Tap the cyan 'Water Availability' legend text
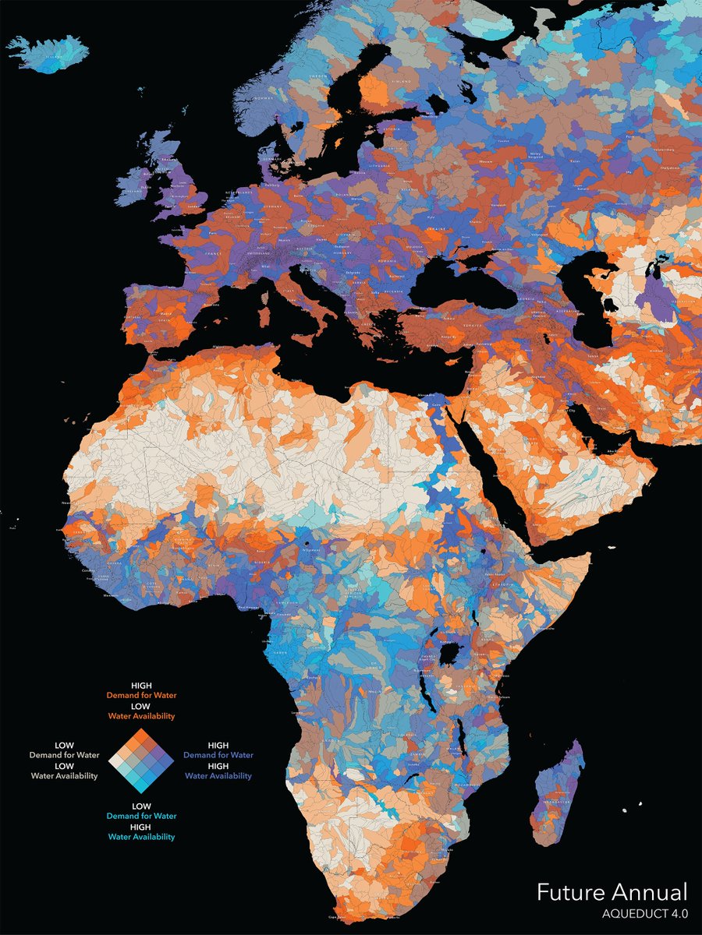click(x=142, y=837)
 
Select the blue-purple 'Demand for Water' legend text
click(x=219, y=755)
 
